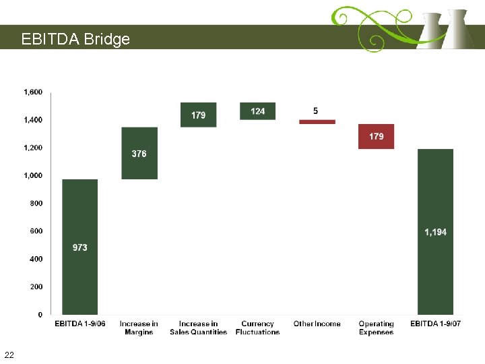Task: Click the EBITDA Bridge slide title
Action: point(75,39)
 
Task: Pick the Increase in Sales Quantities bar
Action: point(198,115)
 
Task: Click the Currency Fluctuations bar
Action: point(257,111)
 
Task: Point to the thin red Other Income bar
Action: point(317,122)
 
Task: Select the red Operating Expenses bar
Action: point(376,136)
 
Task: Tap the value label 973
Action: point(80,247)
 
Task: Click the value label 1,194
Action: point(435,232)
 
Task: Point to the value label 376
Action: point(139,154)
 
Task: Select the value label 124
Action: point(257,111)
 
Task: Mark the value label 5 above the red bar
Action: point(316,111)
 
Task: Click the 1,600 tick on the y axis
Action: point(33,92)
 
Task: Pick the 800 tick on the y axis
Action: point(36,203)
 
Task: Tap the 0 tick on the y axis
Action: point(40,314)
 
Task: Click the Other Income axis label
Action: point(317,324)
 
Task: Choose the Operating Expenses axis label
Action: point(376,328)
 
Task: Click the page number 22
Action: point(9,355)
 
